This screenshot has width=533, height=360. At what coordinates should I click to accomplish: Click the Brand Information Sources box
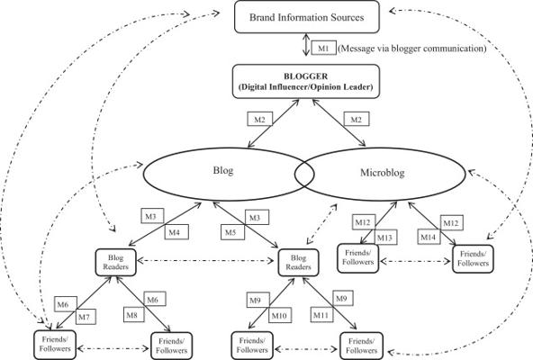pyautogui.click(x=307, y=17)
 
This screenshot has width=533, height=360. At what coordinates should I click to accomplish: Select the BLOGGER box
pyautogui.click(x=305, y=82)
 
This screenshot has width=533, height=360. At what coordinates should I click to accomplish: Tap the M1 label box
pyautogui.click(x=323, y=48)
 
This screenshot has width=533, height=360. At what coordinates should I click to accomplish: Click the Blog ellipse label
pyautogui.click(x=223, y=170)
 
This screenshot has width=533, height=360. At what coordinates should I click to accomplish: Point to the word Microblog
pyautogui.click(x=383, y=173)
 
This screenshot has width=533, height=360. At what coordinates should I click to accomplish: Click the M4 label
pyautogui.click(x=176, y=232)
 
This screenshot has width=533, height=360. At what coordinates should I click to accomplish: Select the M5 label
pyautogui.click(x=232, y=232)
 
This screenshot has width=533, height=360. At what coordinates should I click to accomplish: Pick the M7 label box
pyautogui.click(x=86, y=317)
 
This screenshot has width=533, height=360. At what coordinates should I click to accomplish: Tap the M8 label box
pyautogui.click(x=133, y=315)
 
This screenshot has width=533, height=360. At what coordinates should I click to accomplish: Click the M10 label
pyautogui.click(x=280, y=316)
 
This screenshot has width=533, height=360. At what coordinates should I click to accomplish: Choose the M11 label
pyautogui.click(x=321, y=315)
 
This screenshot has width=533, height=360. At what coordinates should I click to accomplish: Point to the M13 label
pyautogui.click(x=385, y=238)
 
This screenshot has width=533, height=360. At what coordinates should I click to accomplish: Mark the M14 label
pyautogui.click(x=429, y=237)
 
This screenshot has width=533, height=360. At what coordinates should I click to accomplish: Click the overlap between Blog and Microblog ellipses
pyautogui.click(x=304, y=175)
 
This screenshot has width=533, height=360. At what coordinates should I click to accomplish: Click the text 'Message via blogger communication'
pyautogui.click(x=413, y=49)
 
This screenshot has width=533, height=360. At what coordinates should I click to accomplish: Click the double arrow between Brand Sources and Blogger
pyautogui.click(x=306, y=44)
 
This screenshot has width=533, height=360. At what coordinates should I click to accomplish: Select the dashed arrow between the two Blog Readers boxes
pyautogui.click(x=205, y=261)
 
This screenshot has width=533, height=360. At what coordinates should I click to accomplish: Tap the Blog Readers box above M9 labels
pyautogui.click(x=298, y=263)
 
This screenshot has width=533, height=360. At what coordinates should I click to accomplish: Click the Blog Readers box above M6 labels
pyautogui.click(x=115, y=262)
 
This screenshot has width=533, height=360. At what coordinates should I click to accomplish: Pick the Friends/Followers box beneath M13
pyautogui.click(x=358, y=258)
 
